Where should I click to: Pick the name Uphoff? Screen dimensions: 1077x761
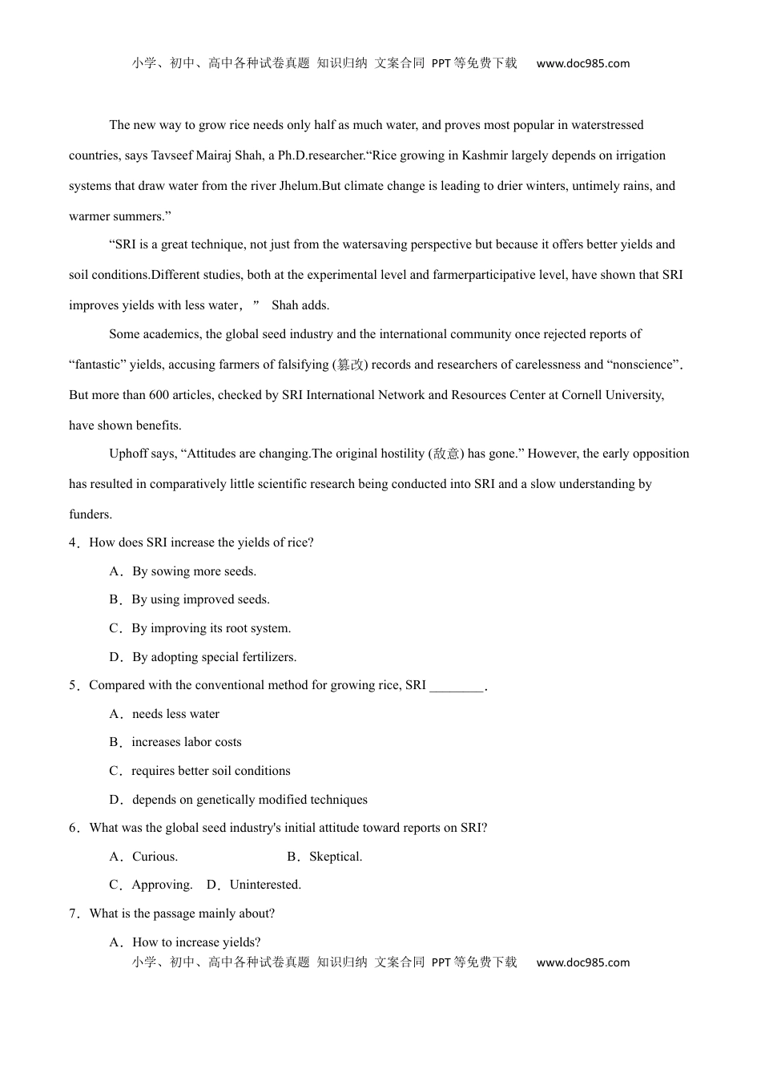(128, 454)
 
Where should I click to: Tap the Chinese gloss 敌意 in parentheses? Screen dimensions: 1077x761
(446, 454)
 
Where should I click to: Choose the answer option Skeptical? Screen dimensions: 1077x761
(336, 857)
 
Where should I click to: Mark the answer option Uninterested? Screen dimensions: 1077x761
(265, 885)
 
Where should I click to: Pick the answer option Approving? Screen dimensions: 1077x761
(162, 885)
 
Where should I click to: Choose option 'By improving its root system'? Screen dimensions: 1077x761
(211, 628)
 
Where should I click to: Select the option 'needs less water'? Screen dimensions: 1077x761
(175, 714)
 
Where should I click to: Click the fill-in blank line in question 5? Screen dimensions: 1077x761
(457, 686)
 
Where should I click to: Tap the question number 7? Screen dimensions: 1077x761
(73, 914)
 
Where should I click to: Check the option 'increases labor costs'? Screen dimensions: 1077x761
(187, 742)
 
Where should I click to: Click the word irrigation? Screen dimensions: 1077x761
(637, 155)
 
